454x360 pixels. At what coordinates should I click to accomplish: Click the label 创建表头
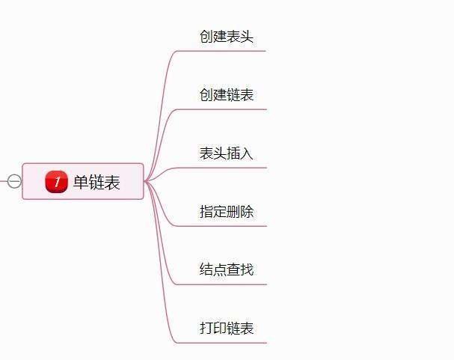(x=227, y=37)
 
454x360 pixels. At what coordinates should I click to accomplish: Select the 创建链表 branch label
(x=227, y=95)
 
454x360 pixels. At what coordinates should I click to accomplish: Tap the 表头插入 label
(x=227, y=153)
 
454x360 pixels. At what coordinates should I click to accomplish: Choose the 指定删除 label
(x=227, y=212)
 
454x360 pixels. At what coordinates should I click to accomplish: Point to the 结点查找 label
(x=227, y=269)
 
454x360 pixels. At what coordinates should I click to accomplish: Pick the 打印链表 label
(x=227, y=328)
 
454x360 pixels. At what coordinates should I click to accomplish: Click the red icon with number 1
(x=56, y=181)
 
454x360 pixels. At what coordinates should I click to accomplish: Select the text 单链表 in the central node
(x=96, y=182)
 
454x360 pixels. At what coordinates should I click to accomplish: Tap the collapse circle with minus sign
(x=14, y=181)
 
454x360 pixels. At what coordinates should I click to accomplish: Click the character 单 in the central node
(x=81, y=182)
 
